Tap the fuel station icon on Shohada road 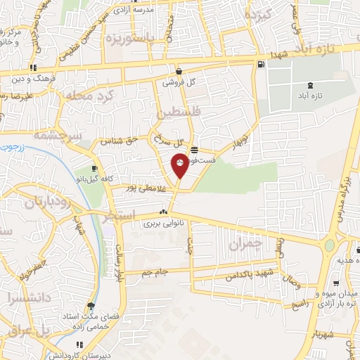point(261,65)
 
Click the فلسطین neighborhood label point(179,113)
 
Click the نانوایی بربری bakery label point(163,224)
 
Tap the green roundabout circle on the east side point(328,245)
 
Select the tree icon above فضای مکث point(90,306)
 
